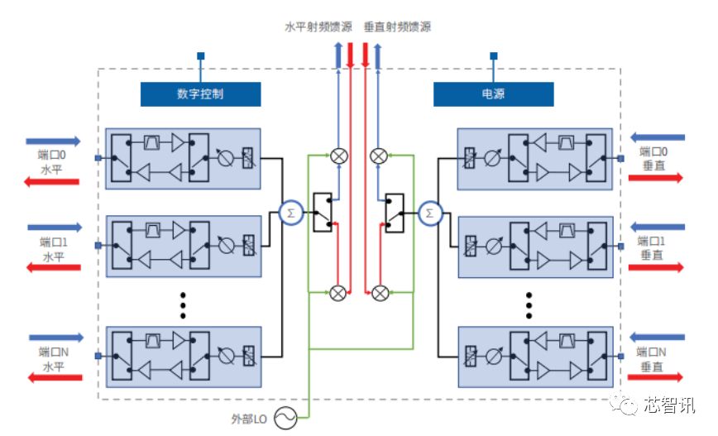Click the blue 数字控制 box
coord(200,94)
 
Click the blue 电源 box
coord(493,94)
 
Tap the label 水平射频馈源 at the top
coord(313,27)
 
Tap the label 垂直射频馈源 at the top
coord(397,27)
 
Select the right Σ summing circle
coord(428,212)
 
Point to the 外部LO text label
coord(249,418)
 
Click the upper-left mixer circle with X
coord(338,155)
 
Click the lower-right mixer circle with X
coord(380,292)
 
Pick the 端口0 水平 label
coord(51,160)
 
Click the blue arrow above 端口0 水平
coord(54,141)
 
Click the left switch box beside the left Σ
coord(322,213)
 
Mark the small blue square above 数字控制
coord(200,56)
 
